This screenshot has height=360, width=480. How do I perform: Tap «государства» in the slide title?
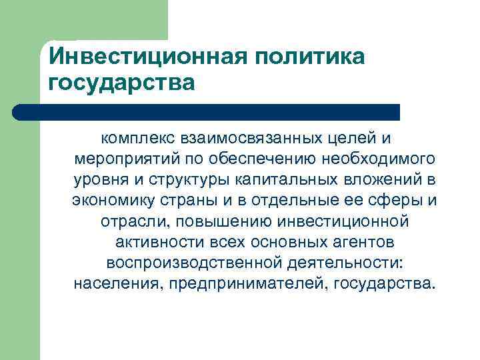pyautogui.click(x=123, y=83)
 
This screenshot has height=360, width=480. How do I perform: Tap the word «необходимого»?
pyautogui.click(x=378, y=161)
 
